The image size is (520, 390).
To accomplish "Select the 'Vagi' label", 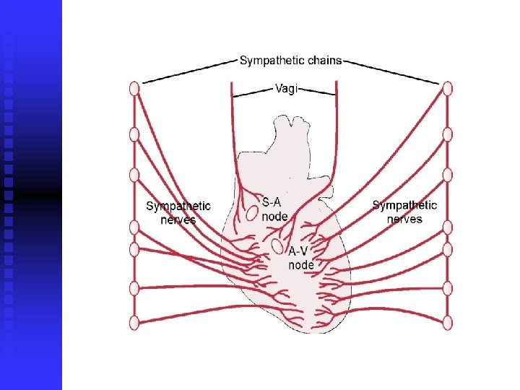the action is click(x=286, y=89).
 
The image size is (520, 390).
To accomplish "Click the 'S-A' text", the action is click(x=272, y=202).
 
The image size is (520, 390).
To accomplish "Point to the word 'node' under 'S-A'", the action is click(x=274, y=216).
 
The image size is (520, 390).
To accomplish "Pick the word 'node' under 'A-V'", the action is click(x=301, y=265).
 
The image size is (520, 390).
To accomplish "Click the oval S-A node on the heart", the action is click(x=251, y=213).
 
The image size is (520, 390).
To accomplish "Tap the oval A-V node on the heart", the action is click(x=277, y=247).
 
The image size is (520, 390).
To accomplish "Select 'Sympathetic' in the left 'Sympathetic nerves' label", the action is click(x=178, y=206).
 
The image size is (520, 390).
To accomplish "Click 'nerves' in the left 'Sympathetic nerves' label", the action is click(x=178, y=220).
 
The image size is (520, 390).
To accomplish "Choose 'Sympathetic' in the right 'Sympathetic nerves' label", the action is click(x=404, y=205).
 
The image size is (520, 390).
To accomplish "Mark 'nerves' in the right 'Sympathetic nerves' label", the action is click(x=404, y=219).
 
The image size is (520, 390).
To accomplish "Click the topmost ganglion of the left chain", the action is click(x=134, y=88).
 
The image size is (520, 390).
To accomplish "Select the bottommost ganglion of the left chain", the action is click(x=134, y=323).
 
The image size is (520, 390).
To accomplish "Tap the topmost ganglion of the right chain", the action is click(x=448, y=88).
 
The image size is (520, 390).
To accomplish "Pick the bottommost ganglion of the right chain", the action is click(x=448, y=323).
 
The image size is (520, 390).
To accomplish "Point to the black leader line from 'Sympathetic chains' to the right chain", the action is click(x=394, y=72).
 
